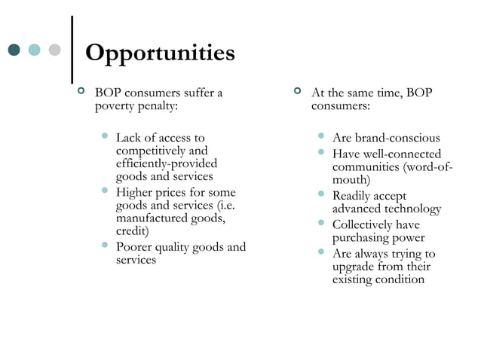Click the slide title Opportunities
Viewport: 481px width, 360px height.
click(160, 53)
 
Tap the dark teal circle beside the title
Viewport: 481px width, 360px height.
click(14, 50)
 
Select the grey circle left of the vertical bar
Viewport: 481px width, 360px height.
click(54, 50)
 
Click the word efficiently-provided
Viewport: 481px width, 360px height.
click(166, 163)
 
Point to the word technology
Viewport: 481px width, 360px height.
click(414, 209)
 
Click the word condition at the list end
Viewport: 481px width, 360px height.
click(399, 279)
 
